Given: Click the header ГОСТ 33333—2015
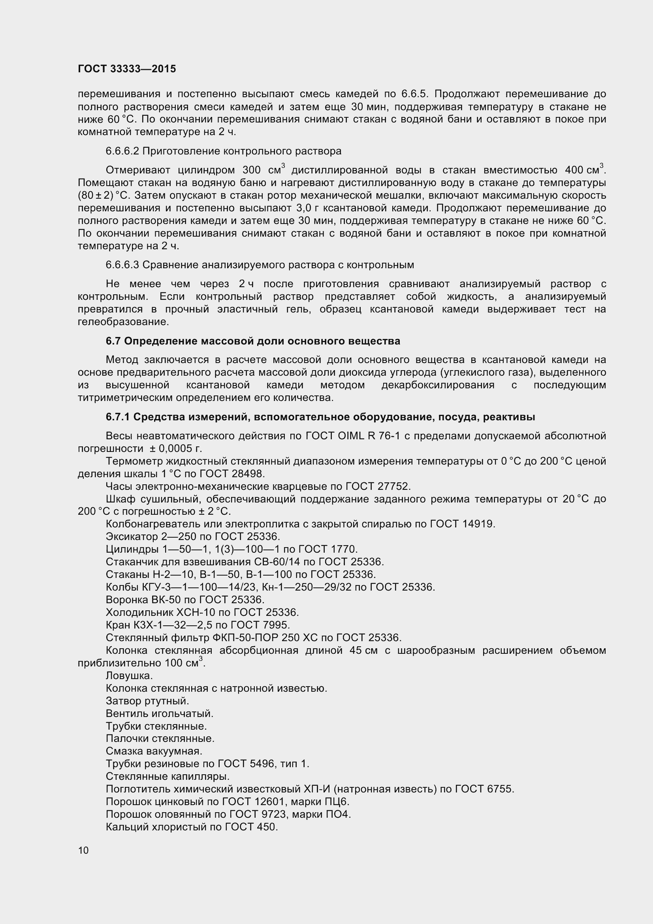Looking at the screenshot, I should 127,69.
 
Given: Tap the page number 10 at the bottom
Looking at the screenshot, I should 83,851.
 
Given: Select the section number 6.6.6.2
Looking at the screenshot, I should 122,151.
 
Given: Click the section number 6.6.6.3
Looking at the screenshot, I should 122,265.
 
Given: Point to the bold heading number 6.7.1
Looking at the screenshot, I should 117,417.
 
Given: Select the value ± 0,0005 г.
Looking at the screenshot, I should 175,449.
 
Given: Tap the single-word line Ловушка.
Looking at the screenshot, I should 129,676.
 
